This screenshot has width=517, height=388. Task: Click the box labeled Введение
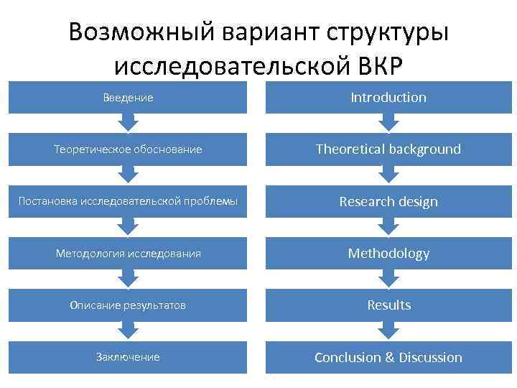pyautogui.click(x=127, y=98)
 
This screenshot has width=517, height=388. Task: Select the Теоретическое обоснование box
pyautogui.click(x=127, y=149)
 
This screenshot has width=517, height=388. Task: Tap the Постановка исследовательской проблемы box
pyautogui.click(x=127, y=201)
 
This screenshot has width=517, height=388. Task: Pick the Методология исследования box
pyautogui.click(x=127, y=254)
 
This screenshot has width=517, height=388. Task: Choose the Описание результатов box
pyautogui.click(x=127, y=305)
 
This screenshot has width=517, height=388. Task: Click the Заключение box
pyautogui.click(x=127, y=357)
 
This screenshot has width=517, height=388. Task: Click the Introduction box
pyautogui.click(x=388, y=98)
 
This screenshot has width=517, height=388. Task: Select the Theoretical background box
pyautogui.click(x=388, y=149)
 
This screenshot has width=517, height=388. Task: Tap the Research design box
pyautogui.click(x=388, y=201)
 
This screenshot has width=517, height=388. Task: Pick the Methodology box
pyautogui.click(x=388, y=254)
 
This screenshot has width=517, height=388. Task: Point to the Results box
pyautogui.click(x=388, y=305)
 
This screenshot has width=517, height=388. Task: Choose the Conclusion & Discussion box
pyautogui.click(x=388, y=357)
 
